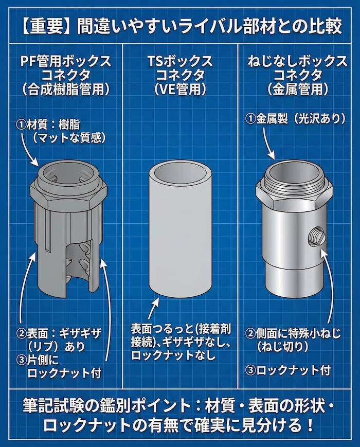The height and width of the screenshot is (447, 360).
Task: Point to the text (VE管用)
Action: [180, 88]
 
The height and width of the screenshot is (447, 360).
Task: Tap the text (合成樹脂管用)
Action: [65, 88]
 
